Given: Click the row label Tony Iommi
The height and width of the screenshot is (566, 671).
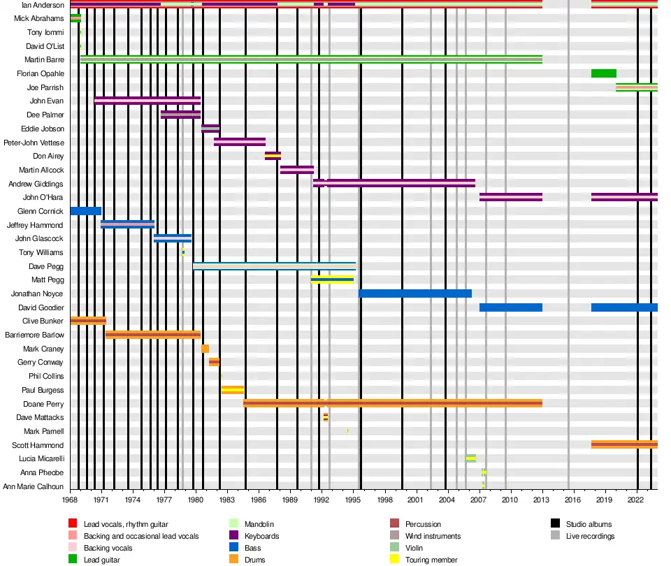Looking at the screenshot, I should point(45,32).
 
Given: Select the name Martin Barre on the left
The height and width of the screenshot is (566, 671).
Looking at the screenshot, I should point(44,60).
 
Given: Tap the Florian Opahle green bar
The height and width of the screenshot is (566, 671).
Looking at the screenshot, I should point(603,73).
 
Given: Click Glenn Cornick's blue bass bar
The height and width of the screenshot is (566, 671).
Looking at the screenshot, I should point(85,211).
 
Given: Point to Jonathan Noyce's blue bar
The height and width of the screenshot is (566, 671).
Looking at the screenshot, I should point(415,293).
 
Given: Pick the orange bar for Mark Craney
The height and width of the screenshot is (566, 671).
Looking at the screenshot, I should point(205,349).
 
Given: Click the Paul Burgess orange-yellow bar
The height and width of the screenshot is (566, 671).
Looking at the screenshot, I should point(232,390).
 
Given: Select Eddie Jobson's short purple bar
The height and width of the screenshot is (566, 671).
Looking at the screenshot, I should point(210,129).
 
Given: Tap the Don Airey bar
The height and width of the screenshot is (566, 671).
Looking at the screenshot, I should point(273,156).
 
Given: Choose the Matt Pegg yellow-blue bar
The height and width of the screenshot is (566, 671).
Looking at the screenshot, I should point(332,280).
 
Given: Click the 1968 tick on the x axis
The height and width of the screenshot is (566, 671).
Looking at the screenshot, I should point(70,500).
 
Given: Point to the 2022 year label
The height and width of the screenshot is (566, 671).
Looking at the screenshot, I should point(635,500).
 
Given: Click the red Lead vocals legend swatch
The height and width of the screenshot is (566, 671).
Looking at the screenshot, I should point(73,524).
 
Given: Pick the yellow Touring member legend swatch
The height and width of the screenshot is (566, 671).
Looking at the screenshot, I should point(395,560).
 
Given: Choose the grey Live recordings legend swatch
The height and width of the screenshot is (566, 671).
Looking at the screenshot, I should point(556,536).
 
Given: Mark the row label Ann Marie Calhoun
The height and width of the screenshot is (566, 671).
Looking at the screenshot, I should point(34,486).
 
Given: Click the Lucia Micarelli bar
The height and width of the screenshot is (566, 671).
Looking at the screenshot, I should point(470,458).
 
